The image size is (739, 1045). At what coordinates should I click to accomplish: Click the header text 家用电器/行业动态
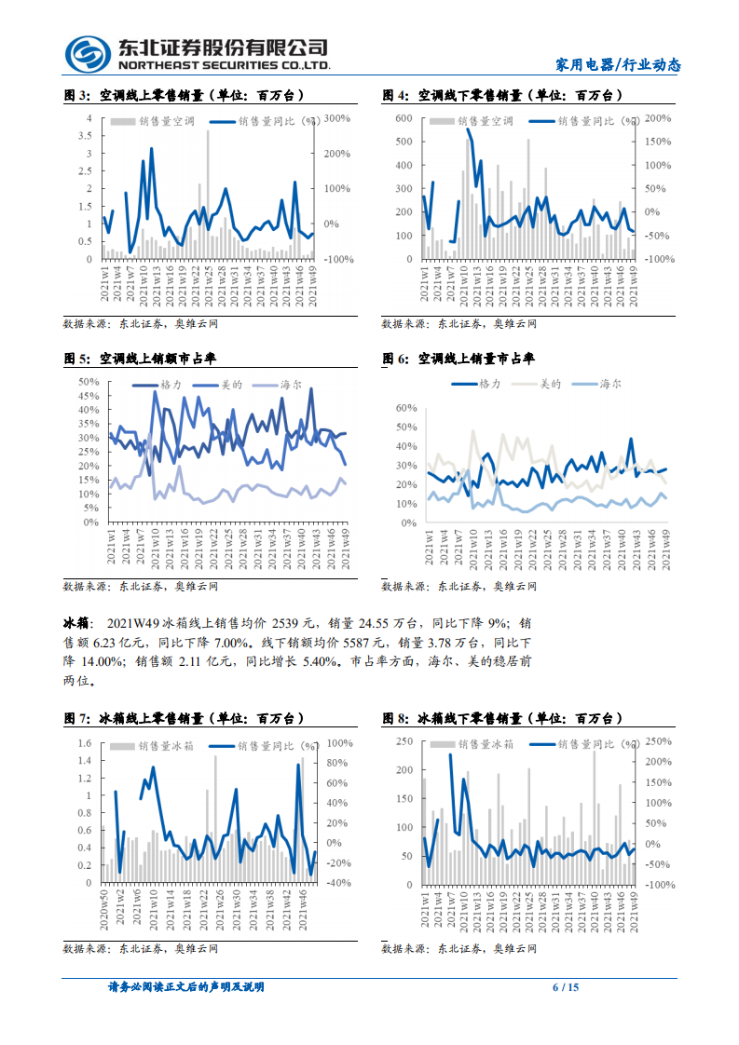tap(618, 64)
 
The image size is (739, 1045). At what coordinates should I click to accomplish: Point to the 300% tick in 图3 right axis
tap(337, 118)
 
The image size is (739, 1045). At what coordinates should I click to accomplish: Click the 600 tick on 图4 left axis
tap(404, 118)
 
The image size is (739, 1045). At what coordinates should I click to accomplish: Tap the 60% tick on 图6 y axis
tap(405, 408)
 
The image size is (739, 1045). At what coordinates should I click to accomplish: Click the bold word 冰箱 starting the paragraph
tap(75, 622)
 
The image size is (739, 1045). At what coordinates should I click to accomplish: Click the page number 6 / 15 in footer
tap(567, 987)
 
